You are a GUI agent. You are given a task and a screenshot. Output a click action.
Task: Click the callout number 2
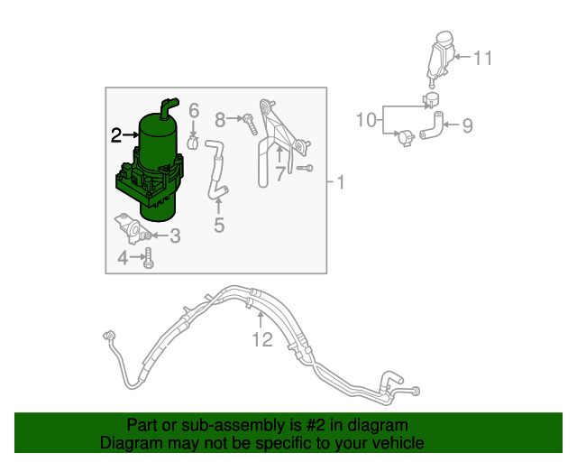[x=115, y=135]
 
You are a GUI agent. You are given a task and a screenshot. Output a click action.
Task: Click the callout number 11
[x=483, y=59]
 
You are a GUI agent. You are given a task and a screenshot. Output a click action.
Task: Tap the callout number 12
[x=261, y=339]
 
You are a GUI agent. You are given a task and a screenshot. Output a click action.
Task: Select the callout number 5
[x=219, y=225]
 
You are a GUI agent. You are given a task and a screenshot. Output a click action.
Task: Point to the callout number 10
[x=365, y=119]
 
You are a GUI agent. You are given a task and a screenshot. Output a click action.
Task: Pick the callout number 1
[x=340, y=183]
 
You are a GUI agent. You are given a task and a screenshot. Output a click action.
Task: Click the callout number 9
[x=467, y=125]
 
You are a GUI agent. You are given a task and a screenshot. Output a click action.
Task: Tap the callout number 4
[x=123, y=259]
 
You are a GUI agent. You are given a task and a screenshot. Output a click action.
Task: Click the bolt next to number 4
[x=149, y=260]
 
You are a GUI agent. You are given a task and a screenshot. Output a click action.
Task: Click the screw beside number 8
[x=247, y=120]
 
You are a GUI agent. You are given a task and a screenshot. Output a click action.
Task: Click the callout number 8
[x=220, y=118]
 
